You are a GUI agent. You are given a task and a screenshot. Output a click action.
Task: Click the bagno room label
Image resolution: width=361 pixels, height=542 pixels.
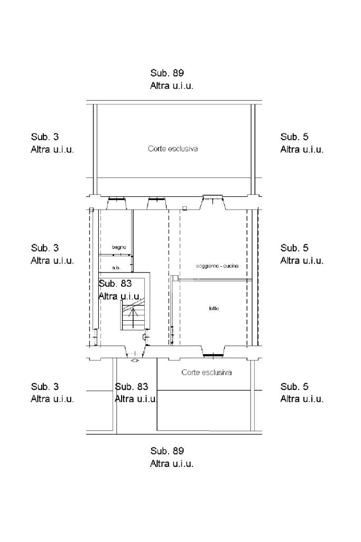point(119,248)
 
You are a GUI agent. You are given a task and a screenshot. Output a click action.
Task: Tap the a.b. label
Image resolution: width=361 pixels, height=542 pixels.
point(116,268)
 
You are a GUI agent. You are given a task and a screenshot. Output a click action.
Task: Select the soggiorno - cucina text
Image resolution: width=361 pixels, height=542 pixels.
point(217,266)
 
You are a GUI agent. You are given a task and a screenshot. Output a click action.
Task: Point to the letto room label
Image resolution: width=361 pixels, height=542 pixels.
point(214,309)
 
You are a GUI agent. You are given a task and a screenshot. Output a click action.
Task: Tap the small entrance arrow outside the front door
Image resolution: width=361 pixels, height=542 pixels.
point(135,360)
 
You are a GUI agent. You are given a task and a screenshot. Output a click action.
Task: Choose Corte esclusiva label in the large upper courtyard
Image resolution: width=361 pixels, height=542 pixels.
point(173,149)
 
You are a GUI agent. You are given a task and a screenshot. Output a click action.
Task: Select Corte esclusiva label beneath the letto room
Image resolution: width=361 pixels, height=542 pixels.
point(206,372)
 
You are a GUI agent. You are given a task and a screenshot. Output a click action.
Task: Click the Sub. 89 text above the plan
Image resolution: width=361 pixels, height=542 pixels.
point(167,73)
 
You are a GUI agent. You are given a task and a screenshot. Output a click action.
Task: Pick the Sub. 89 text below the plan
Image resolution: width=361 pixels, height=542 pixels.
point(167,451)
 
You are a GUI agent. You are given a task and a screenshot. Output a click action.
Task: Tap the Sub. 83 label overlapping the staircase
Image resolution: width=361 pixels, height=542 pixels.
point(115,284)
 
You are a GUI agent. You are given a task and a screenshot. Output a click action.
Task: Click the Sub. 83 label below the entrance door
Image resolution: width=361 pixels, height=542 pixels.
point(132,386)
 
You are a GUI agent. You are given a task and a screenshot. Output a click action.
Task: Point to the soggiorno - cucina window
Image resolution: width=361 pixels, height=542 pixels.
point(212,198)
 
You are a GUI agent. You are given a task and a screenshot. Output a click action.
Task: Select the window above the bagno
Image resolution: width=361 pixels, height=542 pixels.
point(116,200)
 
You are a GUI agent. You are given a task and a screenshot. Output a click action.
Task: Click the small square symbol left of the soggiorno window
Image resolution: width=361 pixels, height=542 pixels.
point(185,208)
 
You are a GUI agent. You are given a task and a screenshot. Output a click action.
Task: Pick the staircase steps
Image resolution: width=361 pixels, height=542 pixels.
point(133,315)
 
